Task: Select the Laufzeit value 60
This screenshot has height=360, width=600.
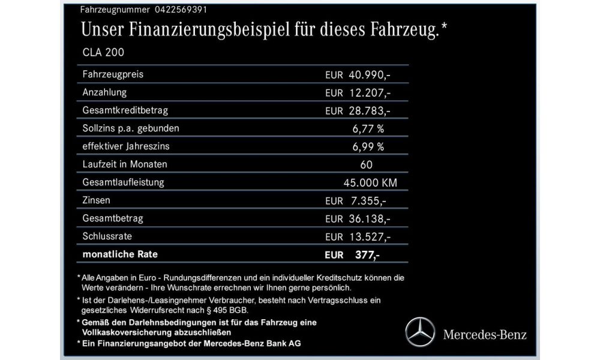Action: coord(367,164)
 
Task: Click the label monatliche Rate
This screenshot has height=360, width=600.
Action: coord(121,254)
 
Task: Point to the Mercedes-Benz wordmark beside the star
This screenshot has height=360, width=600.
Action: coord(485,334)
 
